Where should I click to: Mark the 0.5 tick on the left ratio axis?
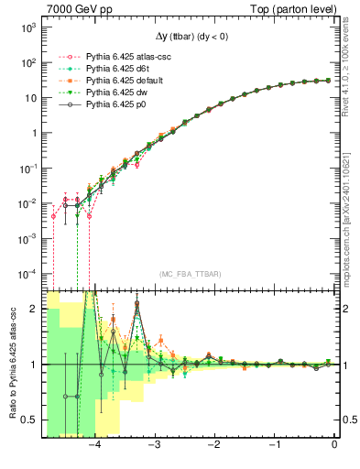(29, 420)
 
